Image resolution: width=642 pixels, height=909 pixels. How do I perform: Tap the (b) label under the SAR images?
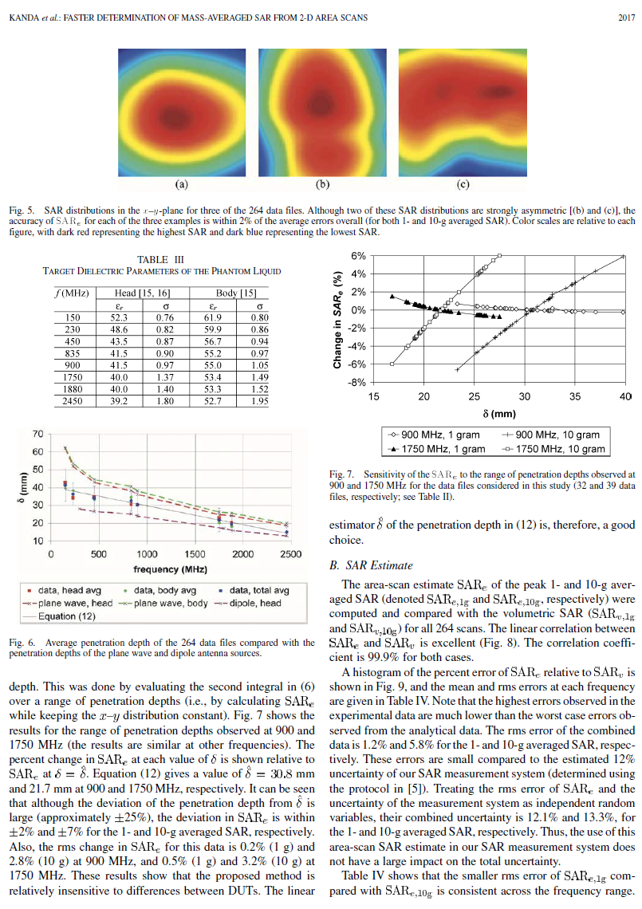323,185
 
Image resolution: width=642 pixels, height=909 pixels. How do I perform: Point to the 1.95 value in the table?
259,402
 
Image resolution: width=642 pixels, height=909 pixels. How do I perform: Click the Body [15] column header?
234,293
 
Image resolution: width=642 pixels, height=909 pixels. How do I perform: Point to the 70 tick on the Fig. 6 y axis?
37,434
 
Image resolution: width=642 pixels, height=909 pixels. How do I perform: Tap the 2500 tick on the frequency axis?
290,553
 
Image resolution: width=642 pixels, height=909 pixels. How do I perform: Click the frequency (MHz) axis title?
171,569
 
